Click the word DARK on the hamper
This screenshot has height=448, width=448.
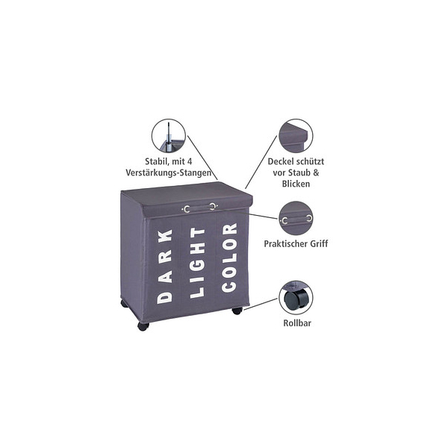(165, 267)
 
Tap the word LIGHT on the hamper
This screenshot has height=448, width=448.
(197, 263)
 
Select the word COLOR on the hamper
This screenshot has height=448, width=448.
(229, 258)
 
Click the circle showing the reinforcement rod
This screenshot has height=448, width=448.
(169, 136)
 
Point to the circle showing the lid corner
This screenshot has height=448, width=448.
(296, 136)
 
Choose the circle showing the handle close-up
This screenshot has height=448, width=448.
(296, 218)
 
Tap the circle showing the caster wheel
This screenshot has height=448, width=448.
(296, 298)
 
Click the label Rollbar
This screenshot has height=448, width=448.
(297, 323)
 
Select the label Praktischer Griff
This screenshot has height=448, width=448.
(296, 243)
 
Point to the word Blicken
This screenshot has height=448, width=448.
(296, 184)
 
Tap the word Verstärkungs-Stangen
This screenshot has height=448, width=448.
(169, 173)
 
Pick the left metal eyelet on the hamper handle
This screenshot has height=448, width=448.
(187, 209)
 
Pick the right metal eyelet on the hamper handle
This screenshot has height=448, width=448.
(212, 206)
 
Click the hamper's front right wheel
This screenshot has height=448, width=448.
(237, 311)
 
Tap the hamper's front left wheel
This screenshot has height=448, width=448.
(143, 326)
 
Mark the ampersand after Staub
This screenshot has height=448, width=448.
(316, 172)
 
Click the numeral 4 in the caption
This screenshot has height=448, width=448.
(190, 161)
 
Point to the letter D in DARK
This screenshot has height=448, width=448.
(165, 297)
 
